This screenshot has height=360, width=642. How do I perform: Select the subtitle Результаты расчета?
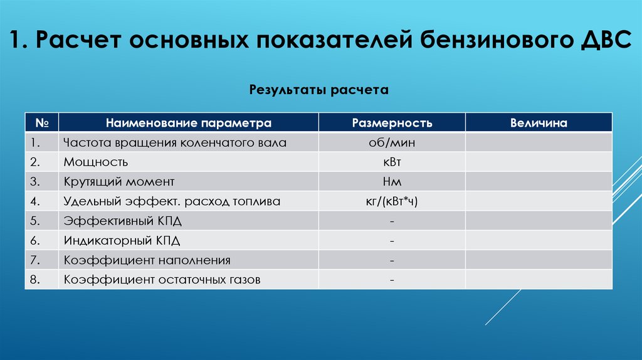[x=319, y=90]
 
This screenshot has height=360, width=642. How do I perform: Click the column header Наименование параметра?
[x=189, y=123]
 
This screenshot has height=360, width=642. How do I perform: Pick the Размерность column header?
[x=392, y=123]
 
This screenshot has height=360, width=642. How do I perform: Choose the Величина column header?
[x=539, y=123]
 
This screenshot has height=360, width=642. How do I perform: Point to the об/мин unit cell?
[x=392, y=142]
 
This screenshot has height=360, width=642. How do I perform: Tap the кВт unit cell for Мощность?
[x=392, y=162]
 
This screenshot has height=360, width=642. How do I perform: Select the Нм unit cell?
[x=392, y=182]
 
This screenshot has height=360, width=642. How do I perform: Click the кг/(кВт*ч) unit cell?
[x=392, y=201]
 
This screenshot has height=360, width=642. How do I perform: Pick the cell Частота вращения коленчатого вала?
[x=175, y=142]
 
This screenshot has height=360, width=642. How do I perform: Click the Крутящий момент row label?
[x=118, y=182]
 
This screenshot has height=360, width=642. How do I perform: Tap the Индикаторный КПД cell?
[x=126, y=240]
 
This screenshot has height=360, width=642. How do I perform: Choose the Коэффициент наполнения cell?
[x=147, y=260]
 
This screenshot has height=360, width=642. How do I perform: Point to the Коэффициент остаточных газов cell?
[x=162, y=280]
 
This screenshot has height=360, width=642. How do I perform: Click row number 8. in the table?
[x=34, y=280]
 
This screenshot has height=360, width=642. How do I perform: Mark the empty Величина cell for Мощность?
[x=539, y=162]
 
